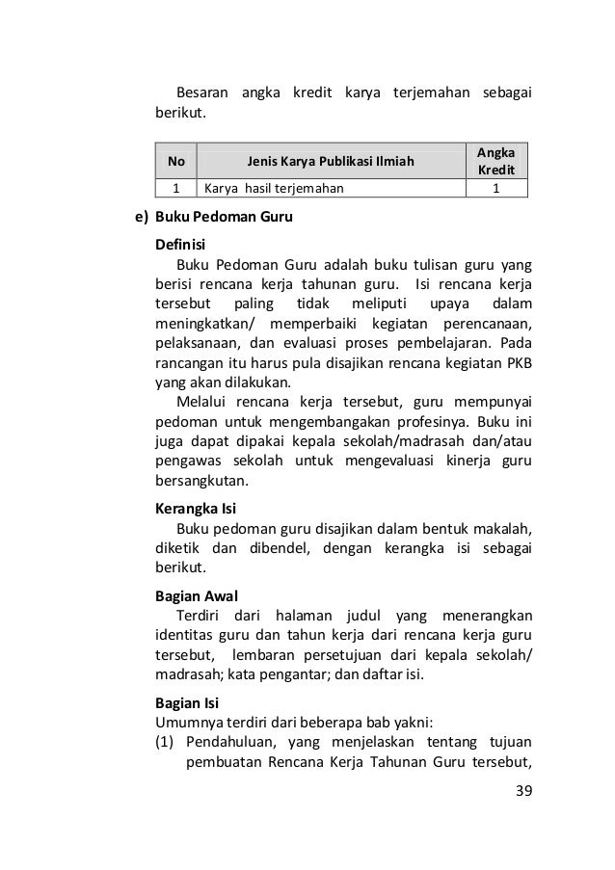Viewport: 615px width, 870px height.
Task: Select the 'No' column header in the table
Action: (176, 160)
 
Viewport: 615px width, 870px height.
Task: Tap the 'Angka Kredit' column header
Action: (495, 160)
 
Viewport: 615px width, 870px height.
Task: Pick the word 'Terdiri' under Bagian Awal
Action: (201, 616)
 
